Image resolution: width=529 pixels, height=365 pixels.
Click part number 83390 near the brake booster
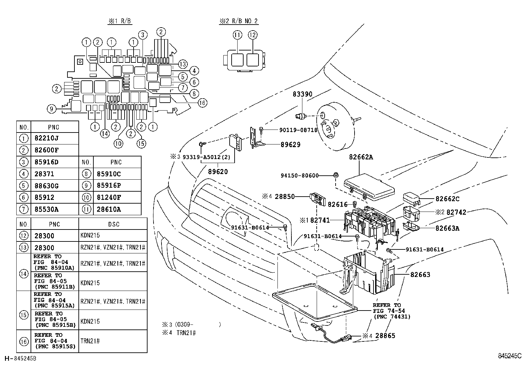[x=302, y=94]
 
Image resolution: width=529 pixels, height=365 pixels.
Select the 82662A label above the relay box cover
[x=361, y=157]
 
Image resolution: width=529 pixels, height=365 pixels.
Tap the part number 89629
[x=290, y=144]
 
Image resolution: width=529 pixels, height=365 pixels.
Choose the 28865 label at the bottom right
[x=385, y=336]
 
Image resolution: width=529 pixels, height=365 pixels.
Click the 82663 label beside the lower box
[x=420, y=274]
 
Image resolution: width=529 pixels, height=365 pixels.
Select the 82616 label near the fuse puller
[x=337, y=205]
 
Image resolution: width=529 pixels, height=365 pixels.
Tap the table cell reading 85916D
[x=47, y=162]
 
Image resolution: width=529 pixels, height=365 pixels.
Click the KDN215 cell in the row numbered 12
[x=90, y=235]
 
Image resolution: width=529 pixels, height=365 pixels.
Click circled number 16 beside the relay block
[x=202, y=103]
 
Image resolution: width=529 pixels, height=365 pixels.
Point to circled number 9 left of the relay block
[x=51, y=109]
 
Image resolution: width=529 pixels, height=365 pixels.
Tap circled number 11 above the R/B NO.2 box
[x=238, y=35]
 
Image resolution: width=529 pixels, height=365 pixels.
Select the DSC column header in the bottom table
[x=113, y=224]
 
